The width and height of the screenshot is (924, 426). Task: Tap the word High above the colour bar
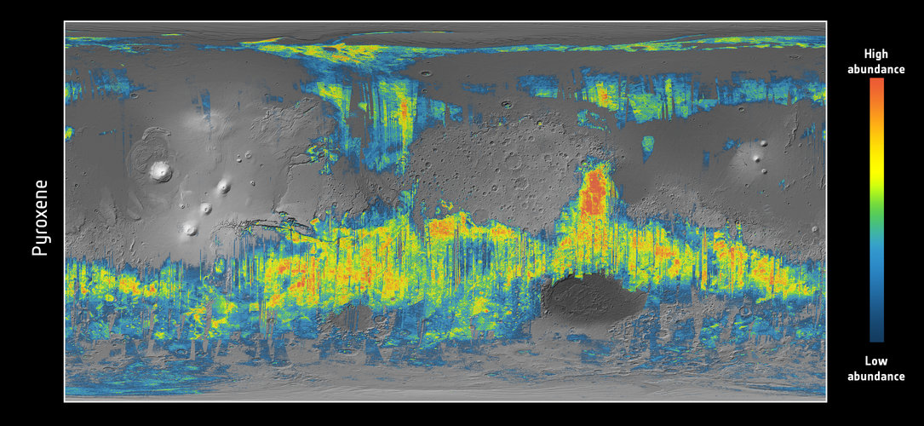(875, 54)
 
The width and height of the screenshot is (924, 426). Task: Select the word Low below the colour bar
(875, 361)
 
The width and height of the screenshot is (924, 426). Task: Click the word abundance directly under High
(875, 69)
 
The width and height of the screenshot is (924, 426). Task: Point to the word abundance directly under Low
(875, 376)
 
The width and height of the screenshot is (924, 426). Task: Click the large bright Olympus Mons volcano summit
(159, 171)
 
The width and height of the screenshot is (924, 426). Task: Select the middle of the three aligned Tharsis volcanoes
(205, 208)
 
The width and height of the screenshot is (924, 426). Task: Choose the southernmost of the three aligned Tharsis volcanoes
(189, 228)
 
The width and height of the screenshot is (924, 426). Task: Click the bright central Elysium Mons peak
(755, 158)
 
